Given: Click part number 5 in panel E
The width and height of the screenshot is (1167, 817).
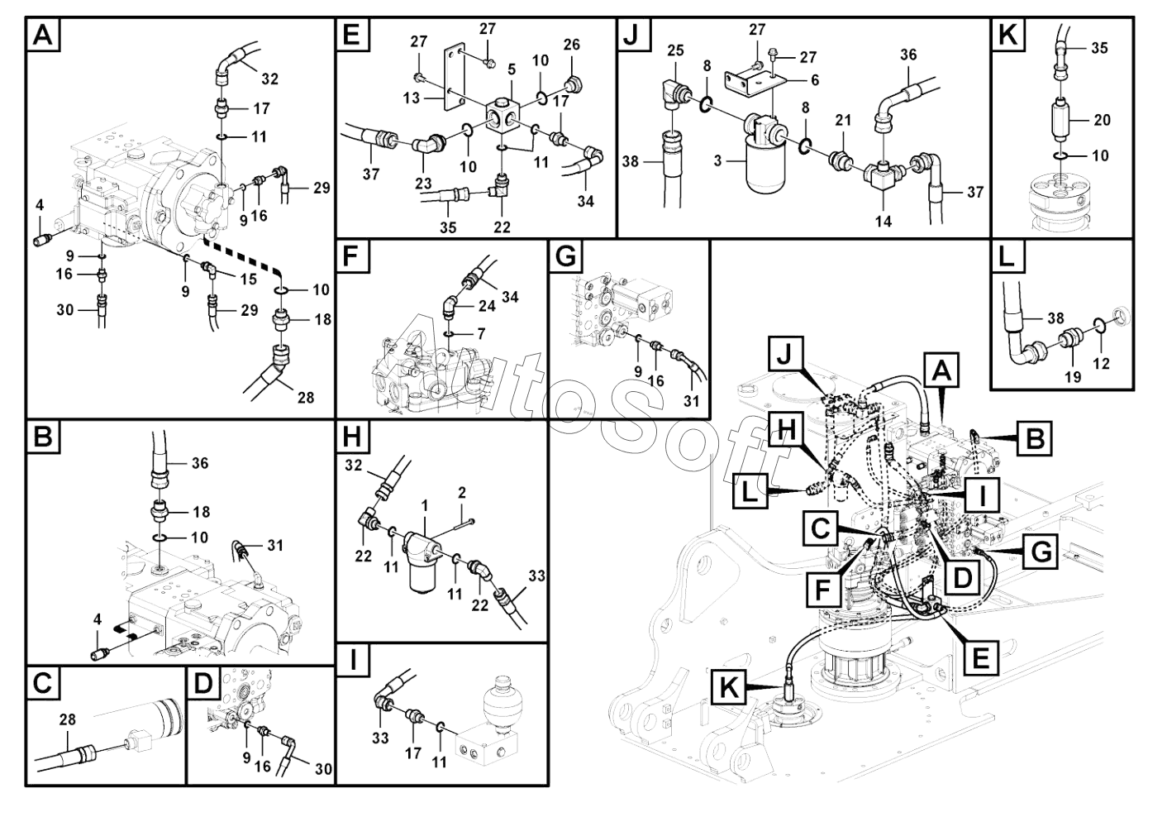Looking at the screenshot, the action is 511,69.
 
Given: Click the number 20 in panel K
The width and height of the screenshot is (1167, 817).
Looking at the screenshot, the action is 1102,120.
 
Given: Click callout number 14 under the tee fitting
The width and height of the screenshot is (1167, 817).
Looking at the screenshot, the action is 883,222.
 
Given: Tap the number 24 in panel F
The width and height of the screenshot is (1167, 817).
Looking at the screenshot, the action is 487,306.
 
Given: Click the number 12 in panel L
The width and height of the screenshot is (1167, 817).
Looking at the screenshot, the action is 1101,363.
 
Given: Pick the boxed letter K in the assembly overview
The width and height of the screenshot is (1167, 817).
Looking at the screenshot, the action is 728,689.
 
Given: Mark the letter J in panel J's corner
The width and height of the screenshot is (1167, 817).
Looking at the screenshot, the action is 631,36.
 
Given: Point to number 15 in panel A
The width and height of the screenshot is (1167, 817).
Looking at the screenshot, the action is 249,279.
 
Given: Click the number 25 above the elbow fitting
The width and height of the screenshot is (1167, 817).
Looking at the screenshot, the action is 675,50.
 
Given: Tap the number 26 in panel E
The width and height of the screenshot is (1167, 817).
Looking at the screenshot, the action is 572,45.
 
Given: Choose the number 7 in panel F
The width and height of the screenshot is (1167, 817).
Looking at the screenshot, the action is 481,334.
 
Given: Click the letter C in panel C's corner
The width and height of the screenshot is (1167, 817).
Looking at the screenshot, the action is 43,684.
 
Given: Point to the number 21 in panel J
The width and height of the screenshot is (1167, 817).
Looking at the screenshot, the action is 842,120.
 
